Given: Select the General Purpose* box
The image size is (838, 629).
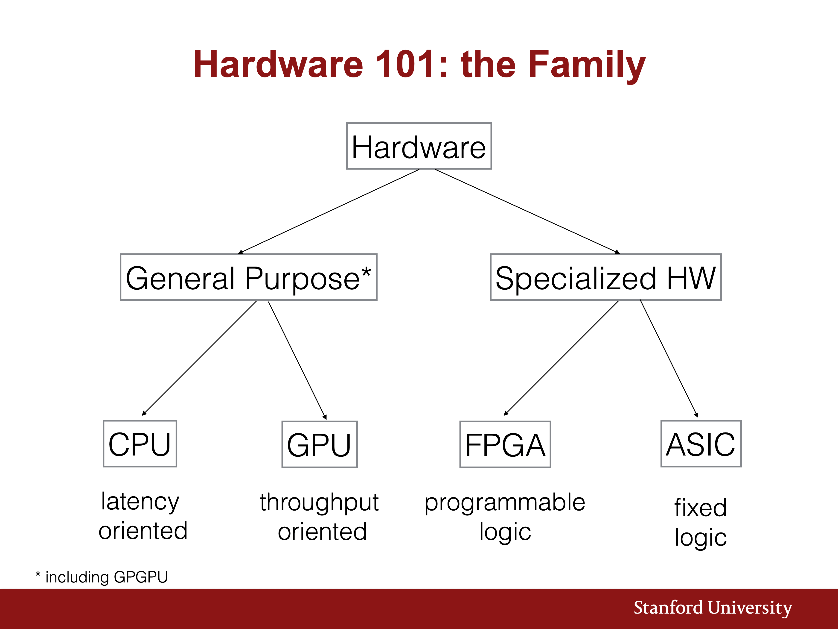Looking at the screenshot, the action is pos(248,277).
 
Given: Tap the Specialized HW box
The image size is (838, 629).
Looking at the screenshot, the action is pos(606,277).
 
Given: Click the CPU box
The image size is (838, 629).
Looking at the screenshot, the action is pos(140,444).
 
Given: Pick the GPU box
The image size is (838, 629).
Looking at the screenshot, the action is pos(319,444).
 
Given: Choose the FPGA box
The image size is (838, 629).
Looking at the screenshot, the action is pos(505,444).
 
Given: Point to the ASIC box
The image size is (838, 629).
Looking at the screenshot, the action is pos(701,444).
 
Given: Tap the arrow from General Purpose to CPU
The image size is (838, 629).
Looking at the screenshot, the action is pos(199,358).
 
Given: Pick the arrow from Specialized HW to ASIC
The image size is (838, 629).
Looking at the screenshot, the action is pos(669,359).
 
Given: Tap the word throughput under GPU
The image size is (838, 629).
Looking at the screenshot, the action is pos(319,503).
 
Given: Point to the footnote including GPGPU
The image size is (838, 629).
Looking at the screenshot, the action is pos(102,577).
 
